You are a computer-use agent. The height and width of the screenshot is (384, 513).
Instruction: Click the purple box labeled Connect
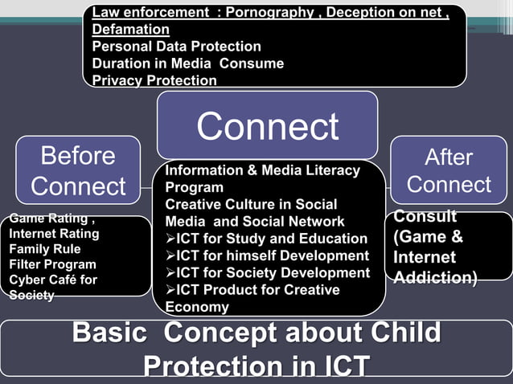point(267,126)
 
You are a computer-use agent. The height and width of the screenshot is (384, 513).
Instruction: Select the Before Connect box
point(78,170)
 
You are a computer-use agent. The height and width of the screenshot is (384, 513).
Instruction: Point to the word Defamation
point(130,29)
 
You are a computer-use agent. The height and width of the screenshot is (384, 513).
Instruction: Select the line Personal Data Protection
point(176,47)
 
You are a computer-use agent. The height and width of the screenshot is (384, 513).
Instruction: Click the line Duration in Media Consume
point(187,63)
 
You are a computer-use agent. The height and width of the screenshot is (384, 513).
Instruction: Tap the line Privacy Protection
point(154,80)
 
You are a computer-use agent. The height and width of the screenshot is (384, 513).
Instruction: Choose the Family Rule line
point(45,249)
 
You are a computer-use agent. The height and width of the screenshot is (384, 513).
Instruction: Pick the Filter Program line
point(52,264)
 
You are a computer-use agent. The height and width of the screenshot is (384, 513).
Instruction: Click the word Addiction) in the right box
point(435,278)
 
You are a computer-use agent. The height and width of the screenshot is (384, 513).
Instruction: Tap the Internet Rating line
point(54,234)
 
